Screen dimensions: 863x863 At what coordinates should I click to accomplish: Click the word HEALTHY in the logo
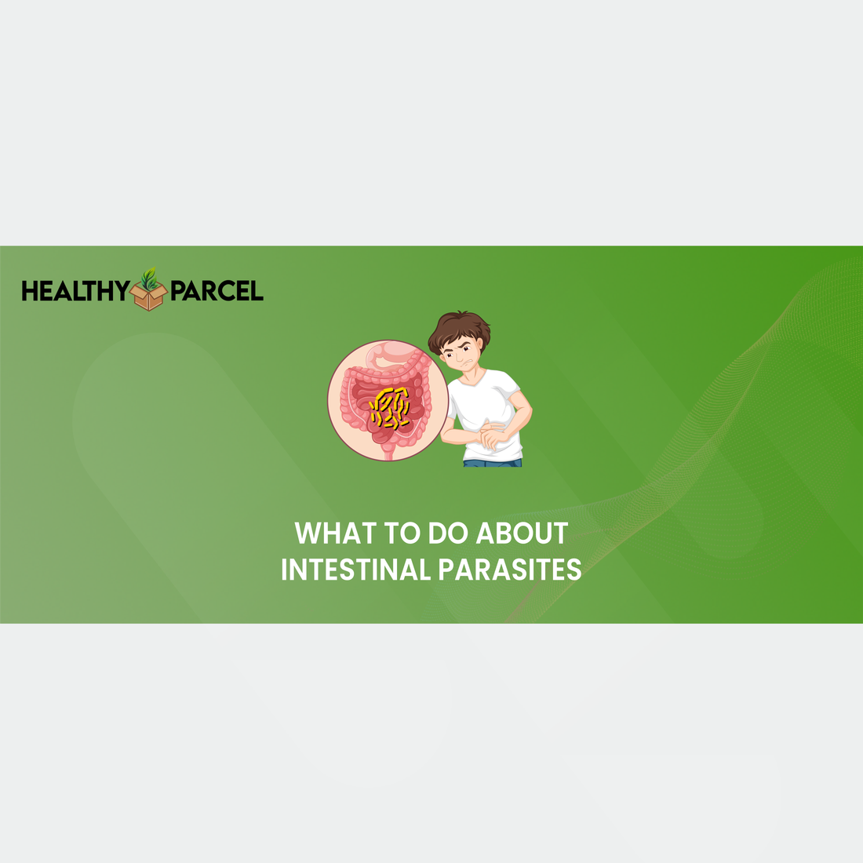click(x=75, y=291)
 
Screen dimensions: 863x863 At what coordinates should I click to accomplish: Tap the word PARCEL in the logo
click(x=217, y=291)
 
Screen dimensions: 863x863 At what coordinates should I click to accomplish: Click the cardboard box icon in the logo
click(x=148, y=296)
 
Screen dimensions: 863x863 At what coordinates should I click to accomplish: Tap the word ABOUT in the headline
click(x=522, y=533)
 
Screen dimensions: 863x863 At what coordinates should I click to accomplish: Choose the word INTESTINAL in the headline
click(x=355, y=570)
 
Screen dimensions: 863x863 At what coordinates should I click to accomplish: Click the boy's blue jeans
click(x=493, y=463)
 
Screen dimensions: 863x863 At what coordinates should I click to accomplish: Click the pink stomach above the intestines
click(x=392, y=357)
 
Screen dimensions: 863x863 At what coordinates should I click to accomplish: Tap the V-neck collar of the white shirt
click(x=475, y=381)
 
